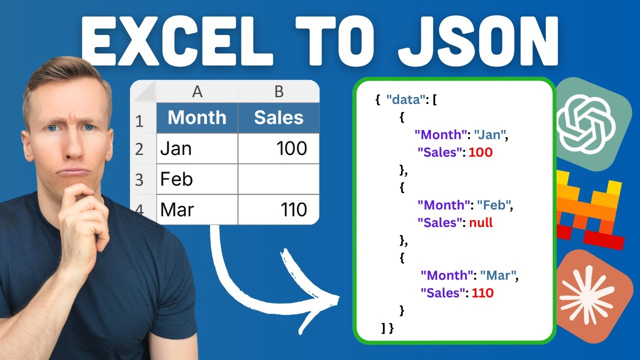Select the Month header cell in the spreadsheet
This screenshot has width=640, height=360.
pos(197,118)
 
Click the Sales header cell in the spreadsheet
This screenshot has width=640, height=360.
pos(278,118)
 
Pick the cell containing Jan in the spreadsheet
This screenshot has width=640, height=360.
pos(197,148)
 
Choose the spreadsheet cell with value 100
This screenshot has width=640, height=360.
pos(278,148)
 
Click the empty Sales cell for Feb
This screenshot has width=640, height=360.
pos(278,179)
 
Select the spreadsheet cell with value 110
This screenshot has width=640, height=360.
pos(278,209)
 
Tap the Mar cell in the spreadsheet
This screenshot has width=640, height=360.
pos(197,209)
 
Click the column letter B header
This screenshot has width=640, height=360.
pos(278,91)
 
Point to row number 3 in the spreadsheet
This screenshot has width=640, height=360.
pos(139,179)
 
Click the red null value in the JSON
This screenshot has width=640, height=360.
pos(481,223)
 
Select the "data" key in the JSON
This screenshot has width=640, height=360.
pos(405,99)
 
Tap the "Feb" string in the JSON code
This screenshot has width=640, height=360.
pos(494,205)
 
